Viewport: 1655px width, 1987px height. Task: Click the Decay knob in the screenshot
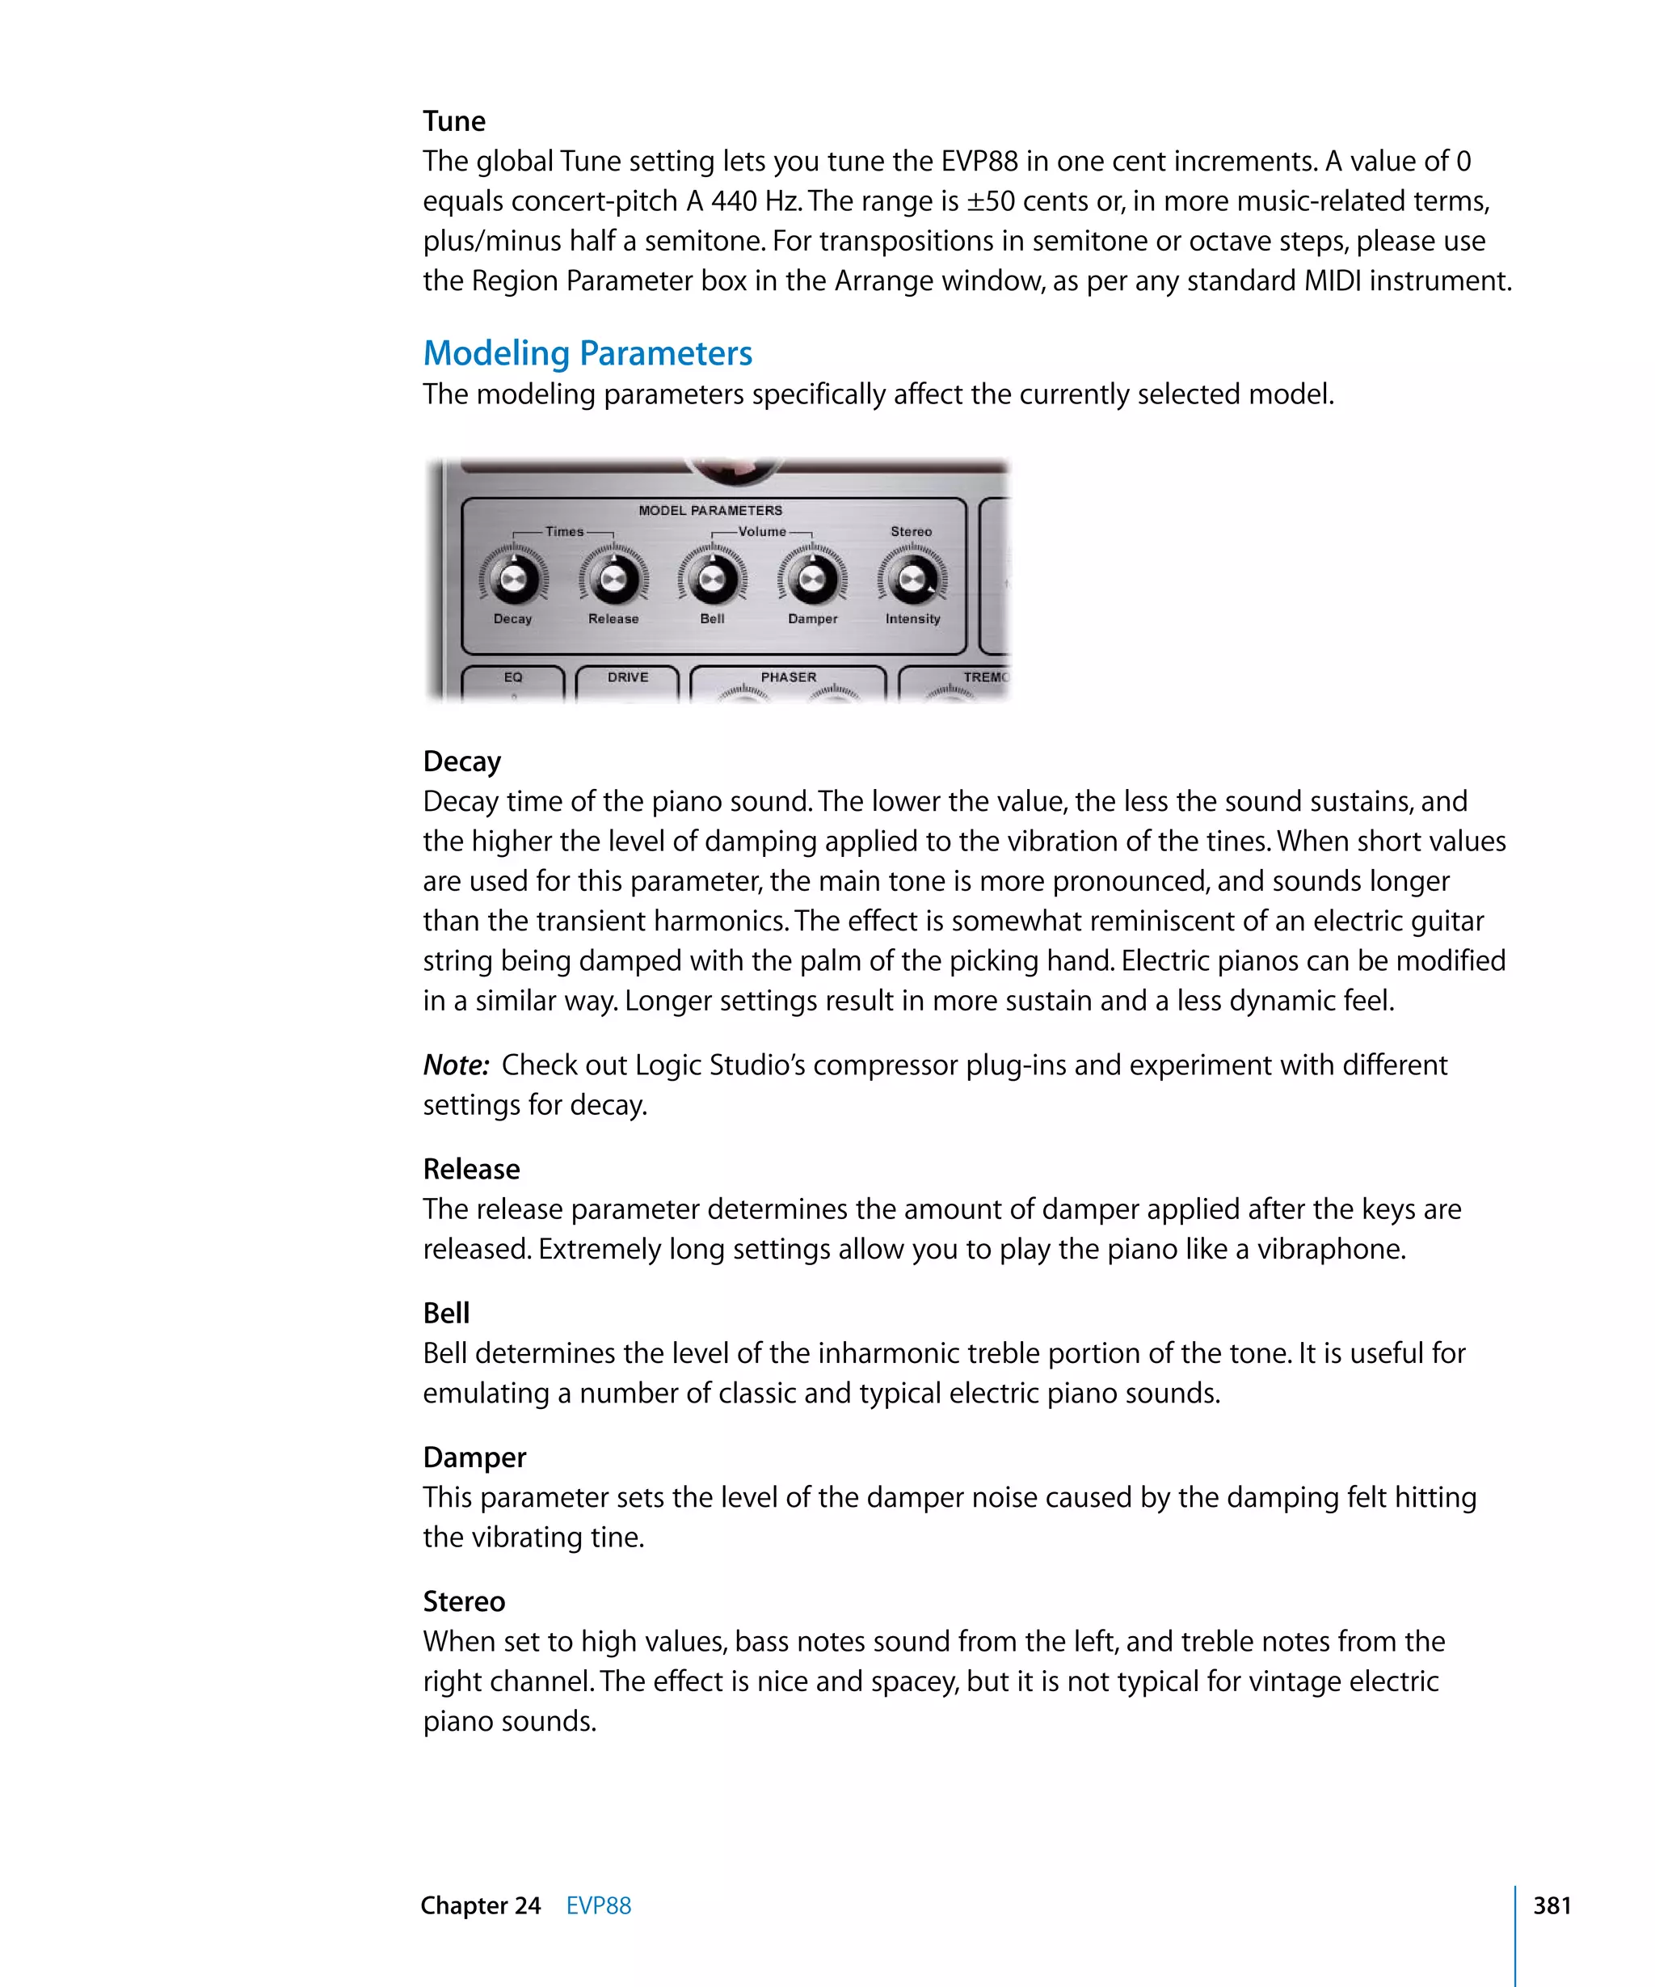(x=513, y=578)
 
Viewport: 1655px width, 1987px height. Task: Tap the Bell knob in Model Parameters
(x=712, y=578)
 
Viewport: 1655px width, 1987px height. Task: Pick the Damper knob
(x=812, y=578)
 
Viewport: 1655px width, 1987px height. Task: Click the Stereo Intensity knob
(x=912, y=578)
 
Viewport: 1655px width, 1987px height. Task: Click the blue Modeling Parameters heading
(x=587, y=353)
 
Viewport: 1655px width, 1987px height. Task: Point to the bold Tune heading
(x=454, y=121)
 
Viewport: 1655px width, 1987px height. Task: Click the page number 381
(x=1552, y=1905)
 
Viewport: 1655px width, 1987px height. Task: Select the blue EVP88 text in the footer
(x=598, y=1905)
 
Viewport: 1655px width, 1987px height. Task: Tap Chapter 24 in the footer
(x=481, y=1905)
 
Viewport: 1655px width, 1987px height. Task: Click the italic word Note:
(x=456, y=1065)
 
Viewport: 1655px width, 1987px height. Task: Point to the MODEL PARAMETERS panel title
(x=710, y=510)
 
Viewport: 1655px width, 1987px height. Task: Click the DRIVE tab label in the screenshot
(x=628, y=677)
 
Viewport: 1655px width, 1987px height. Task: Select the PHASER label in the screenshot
(x=788, y=677)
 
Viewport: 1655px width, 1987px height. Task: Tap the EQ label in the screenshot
(x=512, y=677)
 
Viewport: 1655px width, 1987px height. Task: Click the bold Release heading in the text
(x=471, y=1170)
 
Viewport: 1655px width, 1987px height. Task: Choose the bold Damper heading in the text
(x=474, y=1458)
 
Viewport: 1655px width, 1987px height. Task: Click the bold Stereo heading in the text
(x=463, y=1601)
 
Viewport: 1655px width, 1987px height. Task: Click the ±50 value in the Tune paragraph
(x=990, y=201)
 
